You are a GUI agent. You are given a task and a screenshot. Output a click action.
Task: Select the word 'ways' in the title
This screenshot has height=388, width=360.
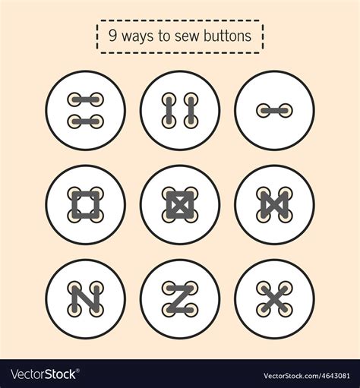pyautogui.click(x=137, y=36)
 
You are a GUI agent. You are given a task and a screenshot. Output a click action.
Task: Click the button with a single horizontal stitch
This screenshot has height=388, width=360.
pyautogui.click(x=273, y=110)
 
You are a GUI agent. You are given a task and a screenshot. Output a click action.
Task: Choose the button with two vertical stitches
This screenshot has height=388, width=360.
pyautogui.click(x=180, y=110)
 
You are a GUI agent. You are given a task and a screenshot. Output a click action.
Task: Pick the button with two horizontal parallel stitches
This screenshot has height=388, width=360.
pyautogui.click(x=85, y=110)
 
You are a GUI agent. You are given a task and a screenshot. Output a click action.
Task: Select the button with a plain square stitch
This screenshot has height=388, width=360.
pyautogui.click(x=85, y=204)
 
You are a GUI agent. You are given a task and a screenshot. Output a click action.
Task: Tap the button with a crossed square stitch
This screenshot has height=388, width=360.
pyautogui.click(x=180, y=204)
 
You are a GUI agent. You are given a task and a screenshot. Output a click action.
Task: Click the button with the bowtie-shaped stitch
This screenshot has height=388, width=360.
pyautogui.click(x=273, y=204)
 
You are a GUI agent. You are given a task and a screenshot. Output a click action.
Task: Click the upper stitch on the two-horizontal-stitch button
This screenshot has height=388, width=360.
pyautogui.click(x=85, y=99)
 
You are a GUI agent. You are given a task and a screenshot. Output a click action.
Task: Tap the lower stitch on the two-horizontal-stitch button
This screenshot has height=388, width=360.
pyautogui.click(x=85, y=121)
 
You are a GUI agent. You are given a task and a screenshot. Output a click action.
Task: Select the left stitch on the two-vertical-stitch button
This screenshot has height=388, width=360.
pyautogui.click(x=169, y=110)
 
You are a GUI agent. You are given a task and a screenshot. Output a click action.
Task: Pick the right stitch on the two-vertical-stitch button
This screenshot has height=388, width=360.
pyautogui.click(x=191, y=110)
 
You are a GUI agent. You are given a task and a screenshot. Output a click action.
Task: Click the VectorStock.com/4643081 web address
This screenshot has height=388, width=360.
pyautogui.click(x=308, y=375)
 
